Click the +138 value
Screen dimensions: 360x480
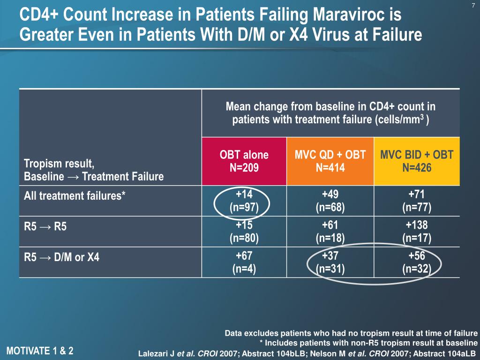[x=417, y=225]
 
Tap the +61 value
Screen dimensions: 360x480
[x=330, y=225]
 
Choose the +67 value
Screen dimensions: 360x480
[x=244, y=256]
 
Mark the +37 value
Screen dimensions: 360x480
[x=330, y=256]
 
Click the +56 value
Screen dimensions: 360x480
[x=417, y=256]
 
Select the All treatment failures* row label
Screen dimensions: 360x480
[x=75, y=196]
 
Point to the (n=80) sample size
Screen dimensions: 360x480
[x=244, y=238]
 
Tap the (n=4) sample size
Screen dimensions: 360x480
[x=244, y=269]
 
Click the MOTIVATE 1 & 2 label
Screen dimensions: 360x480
[x=40, y=350]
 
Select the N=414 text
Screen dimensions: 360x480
[x=330, y=167]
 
